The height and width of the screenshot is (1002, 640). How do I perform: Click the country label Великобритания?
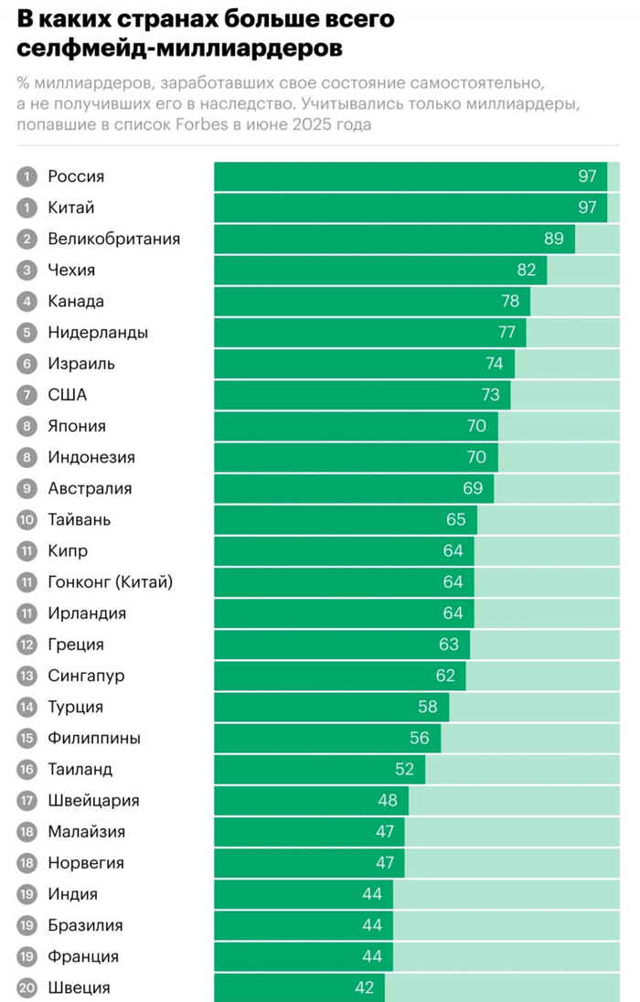[x=113, y=239]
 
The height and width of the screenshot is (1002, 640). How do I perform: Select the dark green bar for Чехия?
[x=379, y=270]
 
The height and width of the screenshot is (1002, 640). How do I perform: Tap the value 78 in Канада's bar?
[x=510, y=301]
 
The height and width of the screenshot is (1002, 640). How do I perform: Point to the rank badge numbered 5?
[x=27, y=333]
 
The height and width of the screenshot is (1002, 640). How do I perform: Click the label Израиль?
[x=81, y=364]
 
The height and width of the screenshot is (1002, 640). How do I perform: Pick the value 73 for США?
[x=490, y=395]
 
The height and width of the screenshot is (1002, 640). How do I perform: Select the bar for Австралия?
[x=354, y=488]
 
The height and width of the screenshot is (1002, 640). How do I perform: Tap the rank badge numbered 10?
[x=27, y=519]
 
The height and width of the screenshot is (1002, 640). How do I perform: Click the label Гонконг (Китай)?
[x=110, y=581]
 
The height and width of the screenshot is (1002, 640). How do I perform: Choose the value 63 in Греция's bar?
[x=449, y=645]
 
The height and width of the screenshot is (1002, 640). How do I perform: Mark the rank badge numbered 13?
[x=27, y=676]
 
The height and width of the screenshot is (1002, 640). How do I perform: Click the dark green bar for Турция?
[x=331, y=707]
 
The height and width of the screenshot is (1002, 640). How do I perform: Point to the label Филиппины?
[x=94, y=738]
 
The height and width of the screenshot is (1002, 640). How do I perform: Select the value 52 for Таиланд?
[x=404, y=769]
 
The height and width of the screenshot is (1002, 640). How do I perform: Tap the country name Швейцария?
[x=93, y=800]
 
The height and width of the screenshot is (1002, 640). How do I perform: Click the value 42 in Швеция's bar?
[x=364, y=987]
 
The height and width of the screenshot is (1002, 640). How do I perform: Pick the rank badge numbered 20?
[x=27, y=987]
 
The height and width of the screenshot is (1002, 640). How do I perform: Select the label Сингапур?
[x=86, y=676]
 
